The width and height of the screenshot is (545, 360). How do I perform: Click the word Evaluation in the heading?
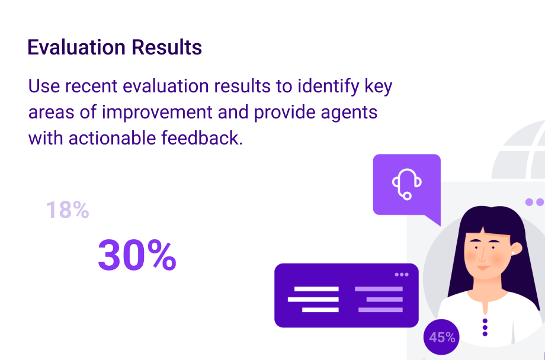click(x=76, y=47)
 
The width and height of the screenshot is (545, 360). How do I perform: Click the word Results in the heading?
click(x=167, y=47)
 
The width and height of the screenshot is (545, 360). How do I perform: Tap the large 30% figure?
click(x=137, y=255)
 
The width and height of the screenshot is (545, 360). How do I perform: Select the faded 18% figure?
click(x=68, y=210)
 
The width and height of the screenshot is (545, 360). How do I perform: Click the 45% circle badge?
click(x=441, y=337)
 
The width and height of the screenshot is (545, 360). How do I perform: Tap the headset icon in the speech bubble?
click(x=406, y=184)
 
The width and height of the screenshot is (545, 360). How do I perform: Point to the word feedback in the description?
click(x=201, y=138)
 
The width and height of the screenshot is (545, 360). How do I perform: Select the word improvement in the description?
click(x=157, y=112)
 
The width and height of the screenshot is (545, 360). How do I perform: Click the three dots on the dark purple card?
click(x=402, y=275)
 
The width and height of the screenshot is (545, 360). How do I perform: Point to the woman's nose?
click(x=482, y=256)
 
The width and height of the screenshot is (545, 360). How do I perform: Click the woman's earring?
click(x=512, y=253)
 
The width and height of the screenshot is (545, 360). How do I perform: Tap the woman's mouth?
click(x=483, y=268)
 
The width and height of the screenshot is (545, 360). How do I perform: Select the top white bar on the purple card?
click(x=316, y=289)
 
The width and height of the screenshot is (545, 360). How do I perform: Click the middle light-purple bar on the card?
click(x=384, y=299)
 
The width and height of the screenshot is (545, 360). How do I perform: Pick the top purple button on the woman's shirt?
click(x=485, y=321)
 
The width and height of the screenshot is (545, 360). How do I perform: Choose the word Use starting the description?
click(x=44, y=86)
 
